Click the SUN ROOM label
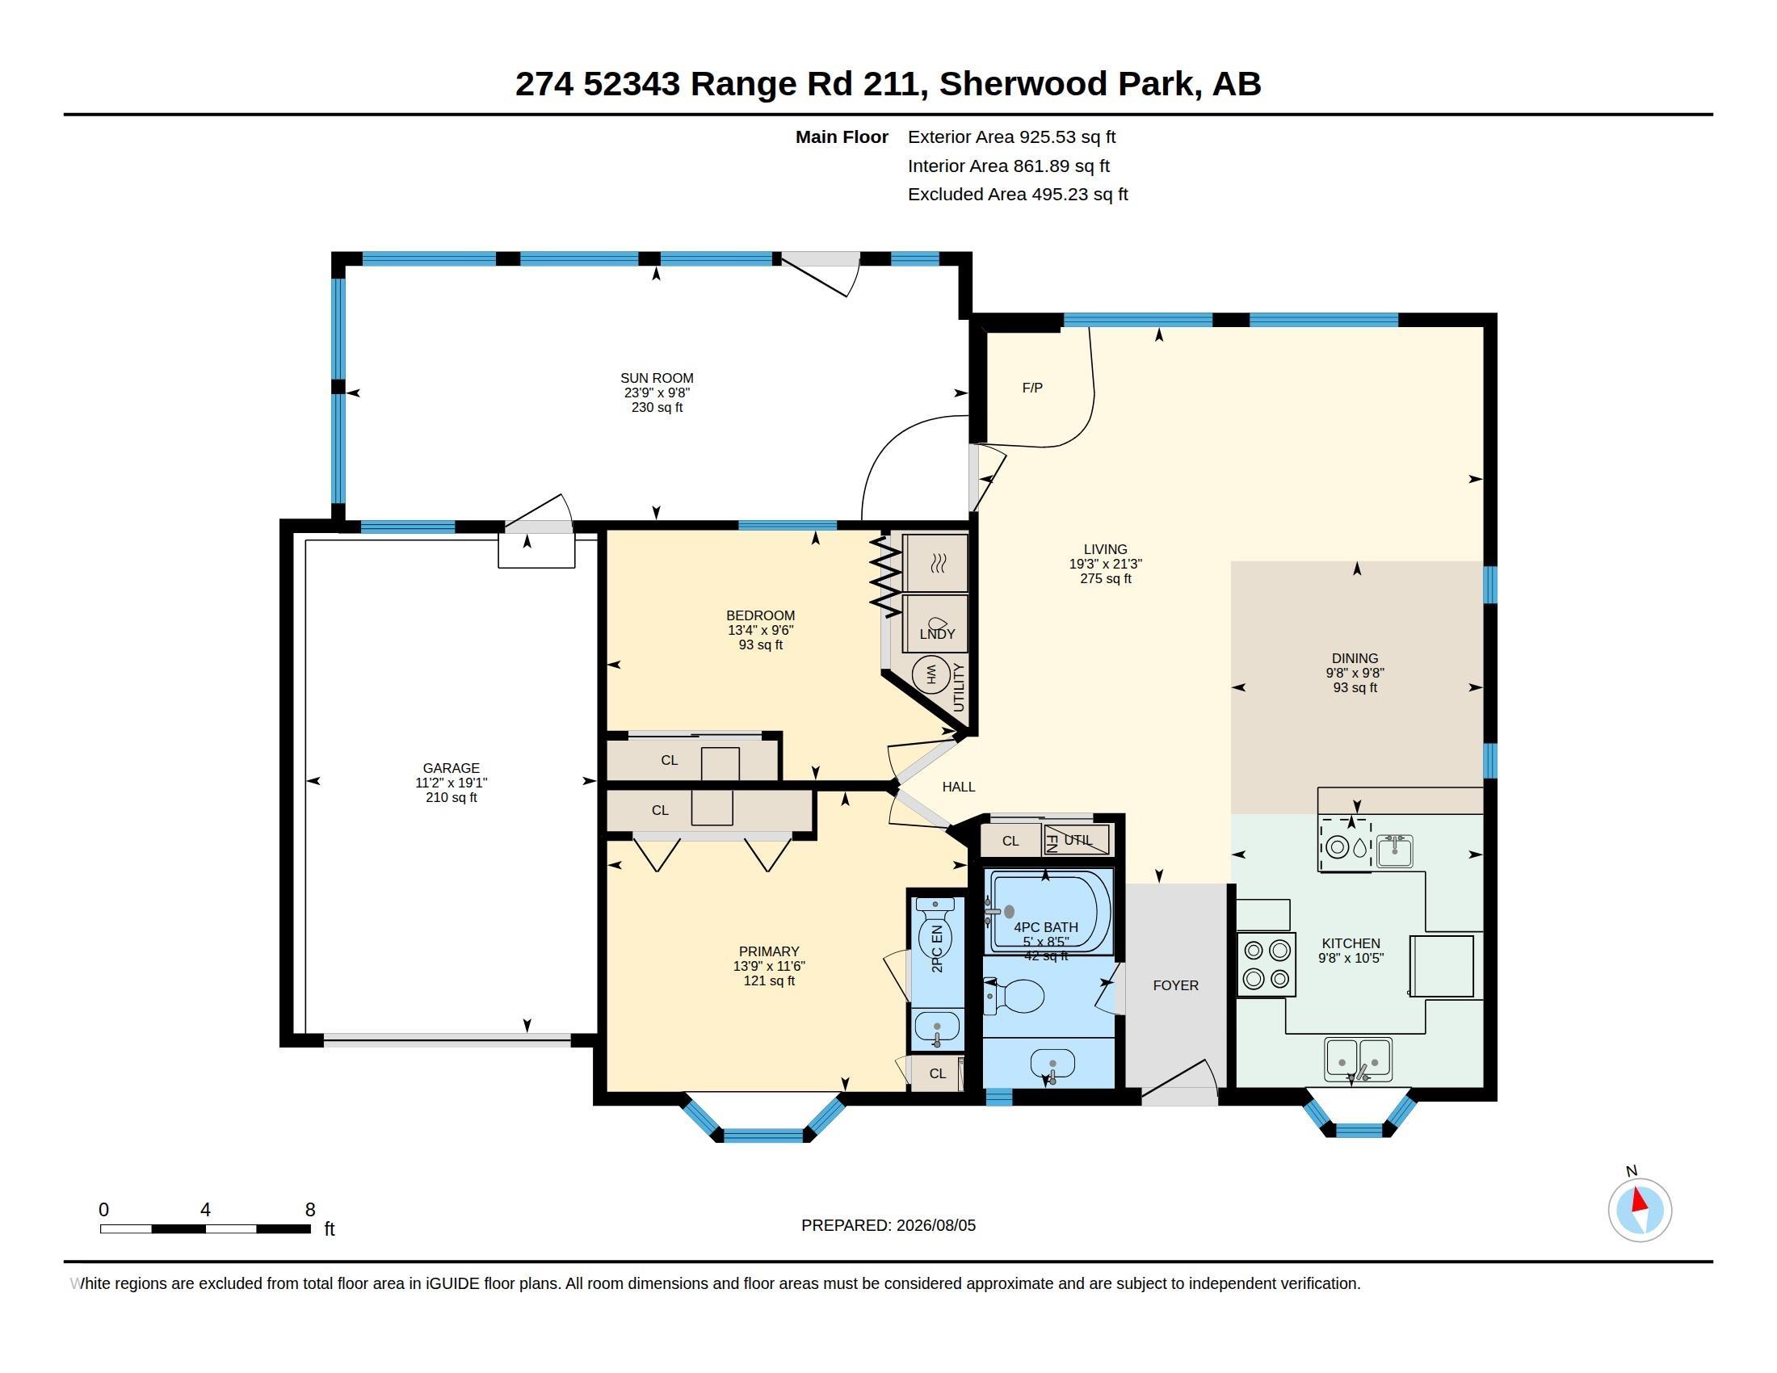657,378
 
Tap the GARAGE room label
451,768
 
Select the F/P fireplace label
1031,388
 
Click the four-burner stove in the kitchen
1266,964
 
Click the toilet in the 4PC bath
1015,996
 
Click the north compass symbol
1640,1211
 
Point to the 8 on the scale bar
310,1210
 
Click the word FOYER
1175,986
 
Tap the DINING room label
1355,659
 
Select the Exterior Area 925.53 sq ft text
1011,137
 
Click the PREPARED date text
888,1226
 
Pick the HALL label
959,787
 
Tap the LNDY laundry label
937,635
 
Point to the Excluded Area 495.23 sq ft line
1018,195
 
